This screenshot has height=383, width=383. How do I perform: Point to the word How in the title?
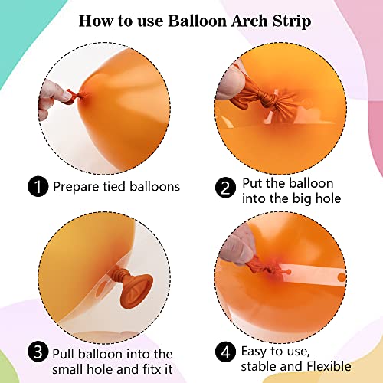[x=94, y=20]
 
